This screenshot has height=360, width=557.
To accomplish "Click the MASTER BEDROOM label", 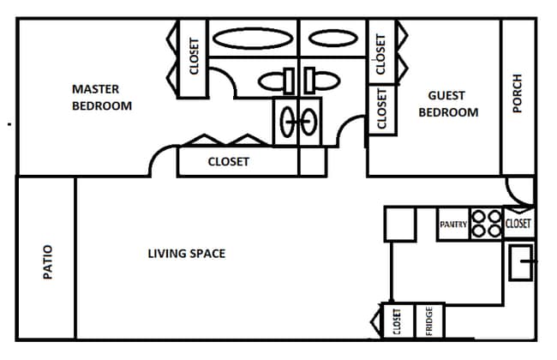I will point(101,98).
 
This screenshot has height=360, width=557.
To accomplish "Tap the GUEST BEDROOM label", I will point(447,104).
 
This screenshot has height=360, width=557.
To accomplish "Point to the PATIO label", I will point(47,262).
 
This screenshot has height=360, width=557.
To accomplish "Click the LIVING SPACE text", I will point(186,254).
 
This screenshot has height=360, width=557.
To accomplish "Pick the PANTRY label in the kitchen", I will point(452,225).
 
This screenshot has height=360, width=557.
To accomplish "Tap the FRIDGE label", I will point(429,321).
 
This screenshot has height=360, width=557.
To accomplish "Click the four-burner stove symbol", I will point(486,224).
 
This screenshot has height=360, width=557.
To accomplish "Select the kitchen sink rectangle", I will point(521,261).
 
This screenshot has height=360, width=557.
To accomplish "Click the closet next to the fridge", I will point(397,321).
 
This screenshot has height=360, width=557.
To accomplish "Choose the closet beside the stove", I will point(518,224).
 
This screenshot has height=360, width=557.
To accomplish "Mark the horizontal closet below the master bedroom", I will point(228,161).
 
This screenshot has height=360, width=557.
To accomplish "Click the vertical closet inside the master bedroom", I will point(194,57).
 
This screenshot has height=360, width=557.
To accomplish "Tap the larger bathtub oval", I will point(251,39).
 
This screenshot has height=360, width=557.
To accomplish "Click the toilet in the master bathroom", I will point(276,81).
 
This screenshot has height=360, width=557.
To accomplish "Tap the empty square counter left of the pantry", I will point(399,224).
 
